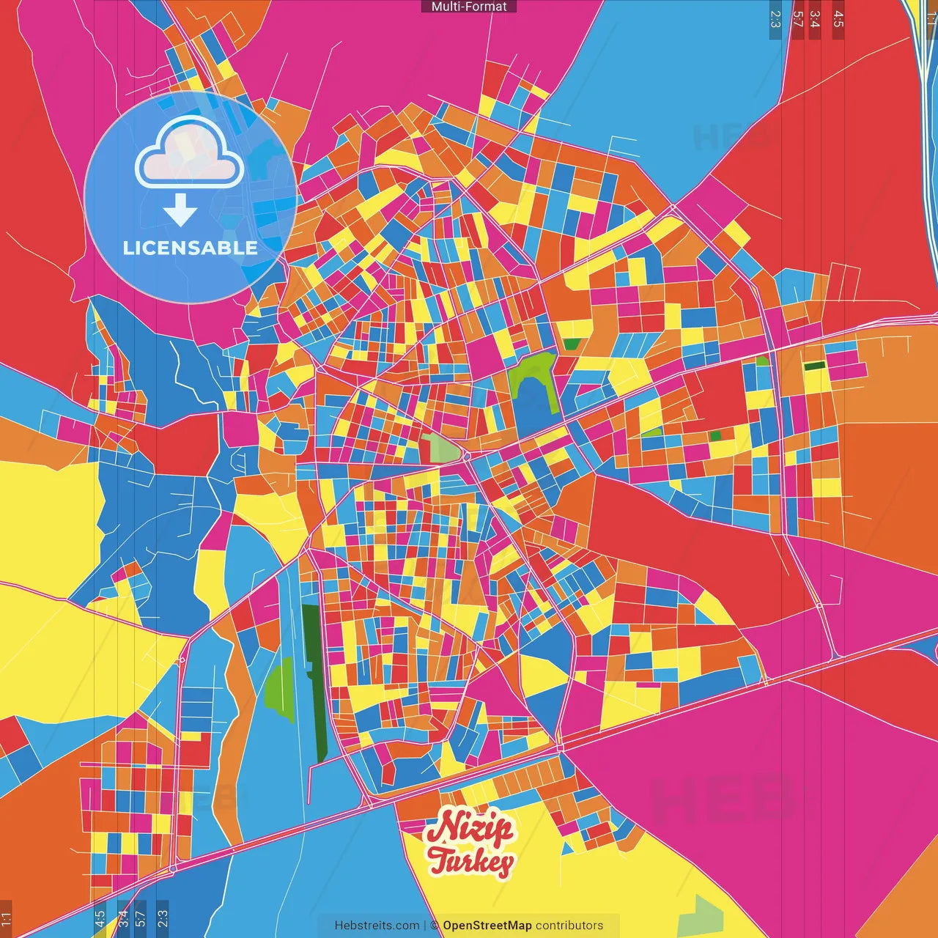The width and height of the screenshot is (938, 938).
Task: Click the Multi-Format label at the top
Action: click(x=469, y=7)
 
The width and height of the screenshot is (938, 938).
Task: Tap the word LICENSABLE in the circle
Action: click(x=191, y=248)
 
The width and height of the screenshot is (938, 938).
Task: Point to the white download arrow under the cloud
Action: click(x=180, y=210)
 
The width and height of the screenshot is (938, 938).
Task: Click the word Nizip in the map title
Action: click(x=470, y=829)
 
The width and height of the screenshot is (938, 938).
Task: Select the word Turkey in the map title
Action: click(x=470, y=862)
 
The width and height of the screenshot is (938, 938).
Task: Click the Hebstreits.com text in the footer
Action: click(x=377, y=926)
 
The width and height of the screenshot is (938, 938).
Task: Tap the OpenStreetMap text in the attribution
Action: click(x=487, y=926)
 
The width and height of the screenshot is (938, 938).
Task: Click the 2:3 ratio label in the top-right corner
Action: click(x=775, y=19)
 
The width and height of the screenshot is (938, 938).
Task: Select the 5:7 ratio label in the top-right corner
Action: click(x=797, y=19)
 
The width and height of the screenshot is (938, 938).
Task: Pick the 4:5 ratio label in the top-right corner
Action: click(x=838, y=19)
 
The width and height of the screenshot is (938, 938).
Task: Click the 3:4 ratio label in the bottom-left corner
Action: click(x=122, y=918)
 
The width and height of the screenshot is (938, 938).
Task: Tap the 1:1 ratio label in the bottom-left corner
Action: click(x=6, y=918)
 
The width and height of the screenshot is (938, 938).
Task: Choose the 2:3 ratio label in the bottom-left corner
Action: click(x=162, y=918)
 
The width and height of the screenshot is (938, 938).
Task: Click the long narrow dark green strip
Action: click(x=316, y=682)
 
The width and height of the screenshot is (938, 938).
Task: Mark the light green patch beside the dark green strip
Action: click(x=280, y=689)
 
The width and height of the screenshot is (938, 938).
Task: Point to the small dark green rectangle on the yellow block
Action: click(x=813, y=366)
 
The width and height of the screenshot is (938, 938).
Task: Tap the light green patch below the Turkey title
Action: click(x=701, y=916)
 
